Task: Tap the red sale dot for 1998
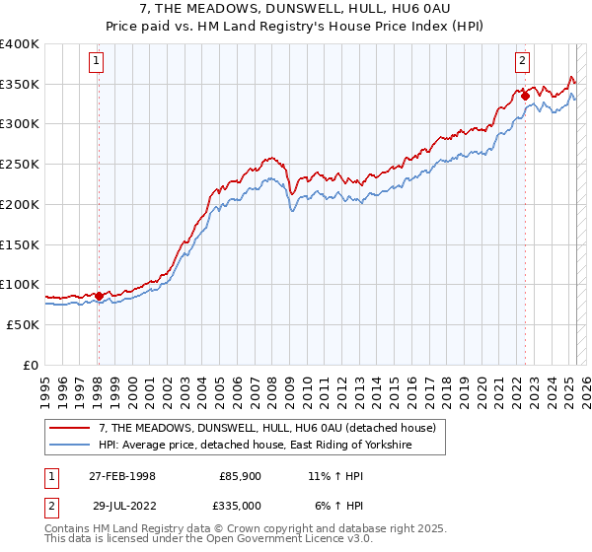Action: (x=99, y=295)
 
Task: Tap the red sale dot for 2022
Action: (x=525, y=96)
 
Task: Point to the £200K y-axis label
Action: (x=20, y=204)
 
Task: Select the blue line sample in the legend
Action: (x=71, y=446)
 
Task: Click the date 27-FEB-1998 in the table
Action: (x=122, y=476)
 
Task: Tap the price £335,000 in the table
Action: (x=241, y=505)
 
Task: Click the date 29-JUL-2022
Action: (x=122, y=505)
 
